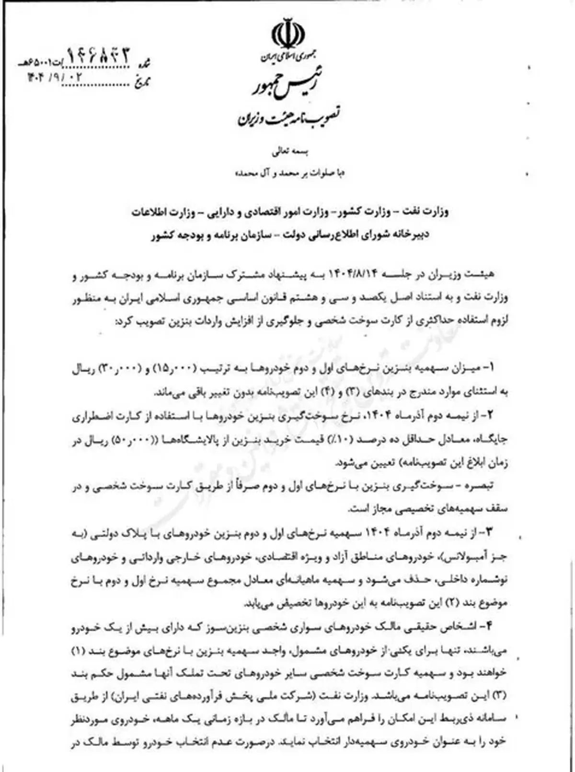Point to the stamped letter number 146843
click(98, 57)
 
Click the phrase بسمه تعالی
click(287, 153)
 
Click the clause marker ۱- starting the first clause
click(494, 368)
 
